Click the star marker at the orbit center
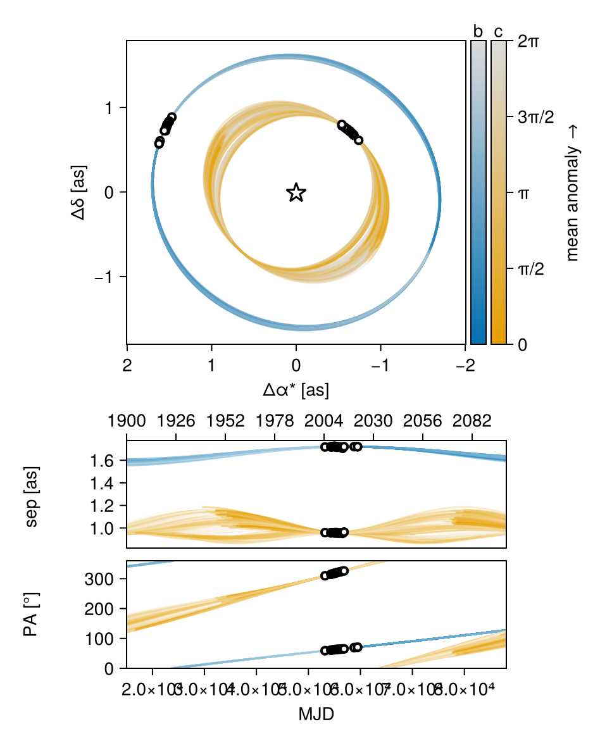click(296, 192)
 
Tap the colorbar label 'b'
click(478, 32)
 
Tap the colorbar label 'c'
click(499, 32)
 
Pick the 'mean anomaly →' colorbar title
click(573, 193)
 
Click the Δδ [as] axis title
click(80, 192)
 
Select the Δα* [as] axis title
click(296, 390)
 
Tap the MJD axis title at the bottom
click(316, 715)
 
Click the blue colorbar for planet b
click(478, 192)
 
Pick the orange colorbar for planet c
click(499, 192)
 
